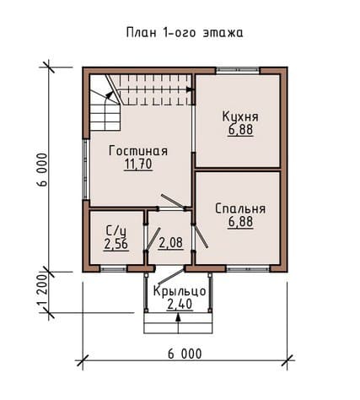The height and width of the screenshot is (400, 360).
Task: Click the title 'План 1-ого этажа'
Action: (185, 32)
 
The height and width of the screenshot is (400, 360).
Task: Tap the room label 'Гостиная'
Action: (138, 151)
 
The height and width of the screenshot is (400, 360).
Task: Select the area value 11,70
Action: (138, 165)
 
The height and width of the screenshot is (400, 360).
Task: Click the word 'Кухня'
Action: (240, 116)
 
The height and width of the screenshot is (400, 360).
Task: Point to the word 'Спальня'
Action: (240, 208)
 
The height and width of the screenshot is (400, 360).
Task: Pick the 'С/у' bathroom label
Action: (116, 231)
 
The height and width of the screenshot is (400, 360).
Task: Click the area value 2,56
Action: (116, 244)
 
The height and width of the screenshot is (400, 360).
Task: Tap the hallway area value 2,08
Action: (171, 243)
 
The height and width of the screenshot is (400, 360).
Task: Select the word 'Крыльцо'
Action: (180, 291)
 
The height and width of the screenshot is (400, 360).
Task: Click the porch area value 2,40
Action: (180, 304)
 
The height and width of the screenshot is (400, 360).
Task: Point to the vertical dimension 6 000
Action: (42, 170)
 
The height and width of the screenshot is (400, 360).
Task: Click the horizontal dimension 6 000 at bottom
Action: (185, 354)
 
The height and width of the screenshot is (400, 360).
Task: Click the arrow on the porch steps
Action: (178, 323)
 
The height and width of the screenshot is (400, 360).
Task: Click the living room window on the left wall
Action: (86, 169)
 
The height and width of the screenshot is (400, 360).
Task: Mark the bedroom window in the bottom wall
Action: (248, 269)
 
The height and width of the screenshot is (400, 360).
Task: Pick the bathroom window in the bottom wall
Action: (113, 269)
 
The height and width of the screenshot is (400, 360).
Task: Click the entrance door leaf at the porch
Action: (171, 276)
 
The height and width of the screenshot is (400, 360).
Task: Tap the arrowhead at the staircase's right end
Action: (191, 89)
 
